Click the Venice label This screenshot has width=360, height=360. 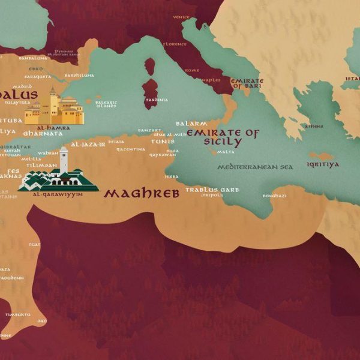coord(181,17)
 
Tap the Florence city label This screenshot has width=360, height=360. coord(175,44)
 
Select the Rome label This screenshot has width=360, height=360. coord(192,70)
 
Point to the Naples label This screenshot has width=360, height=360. coord(211,79)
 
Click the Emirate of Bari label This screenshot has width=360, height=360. coord(247,83)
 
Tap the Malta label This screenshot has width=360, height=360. coord(226,152)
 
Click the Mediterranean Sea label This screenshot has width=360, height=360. coord(255,167)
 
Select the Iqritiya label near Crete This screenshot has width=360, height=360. coord(323,164)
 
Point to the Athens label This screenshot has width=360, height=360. coord(313,126)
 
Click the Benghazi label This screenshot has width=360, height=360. coord(274,196)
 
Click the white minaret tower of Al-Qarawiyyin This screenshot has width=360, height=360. coord(64,159)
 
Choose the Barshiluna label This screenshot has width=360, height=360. coord(79,76)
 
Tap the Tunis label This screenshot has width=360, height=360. coord(163,142)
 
